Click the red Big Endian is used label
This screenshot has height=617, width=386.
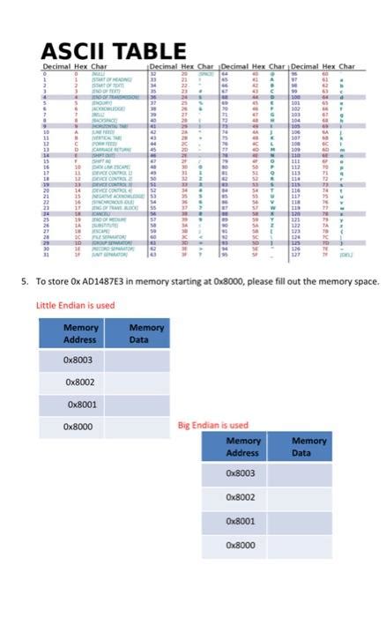pyautogui.click(x=213, y=424)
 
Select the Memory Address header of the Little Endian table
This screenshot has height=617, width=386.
pyautogui.click(x=80, y=333)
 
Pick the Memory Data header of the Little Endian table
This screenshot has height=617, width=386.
pyautogui.click(x=145, y=333)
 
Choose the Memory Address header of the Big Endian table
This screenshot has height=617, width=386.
pyautogui.click(x=243, y=447)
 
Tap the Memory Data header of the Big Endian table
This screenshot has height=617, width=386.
pyautogui.click(x=308, y=447)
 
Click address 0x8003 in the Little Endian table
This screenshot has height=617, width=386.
pyautogui.click(x=78, y=360)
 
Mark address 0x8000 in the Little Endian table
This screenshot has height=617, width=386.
pyautogui.click(x=78, y=427)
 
